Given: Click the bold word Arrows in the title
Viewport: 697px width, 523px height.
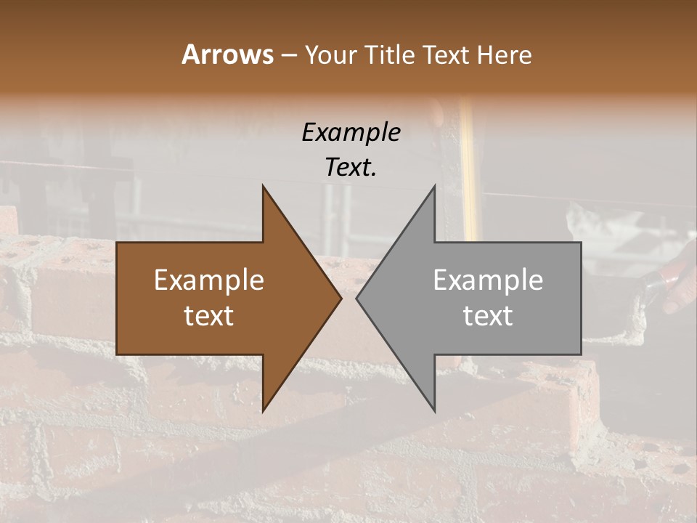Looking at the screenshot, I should point(227,54).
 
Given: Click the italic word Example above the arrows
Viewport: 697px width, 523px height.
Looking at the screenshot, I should point(351,132).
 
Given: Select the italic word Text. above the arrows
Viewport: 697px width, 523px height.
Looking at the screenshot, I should point(351,167).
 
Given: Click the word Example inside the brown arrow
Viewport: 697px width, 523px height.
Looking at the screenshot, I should point(209,280).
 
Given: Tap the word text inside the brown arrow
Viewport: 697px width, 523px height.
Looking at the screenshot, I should point(209,316).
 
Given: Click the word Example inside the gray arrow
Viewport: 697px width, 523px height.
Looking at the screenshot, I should point(488,280).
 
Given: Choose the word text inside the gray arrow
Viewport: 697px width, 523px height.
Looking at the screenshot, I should point(488,316).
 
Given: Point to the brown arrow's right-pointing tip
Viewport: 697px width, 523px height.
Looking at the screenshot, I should point(340,299).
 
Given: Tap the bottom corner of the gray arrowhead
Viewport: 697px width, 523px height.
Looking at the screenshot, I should point(434,410).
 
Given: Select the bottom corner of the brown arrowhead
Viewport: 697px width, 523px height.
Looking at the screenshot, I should point(264,410).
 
